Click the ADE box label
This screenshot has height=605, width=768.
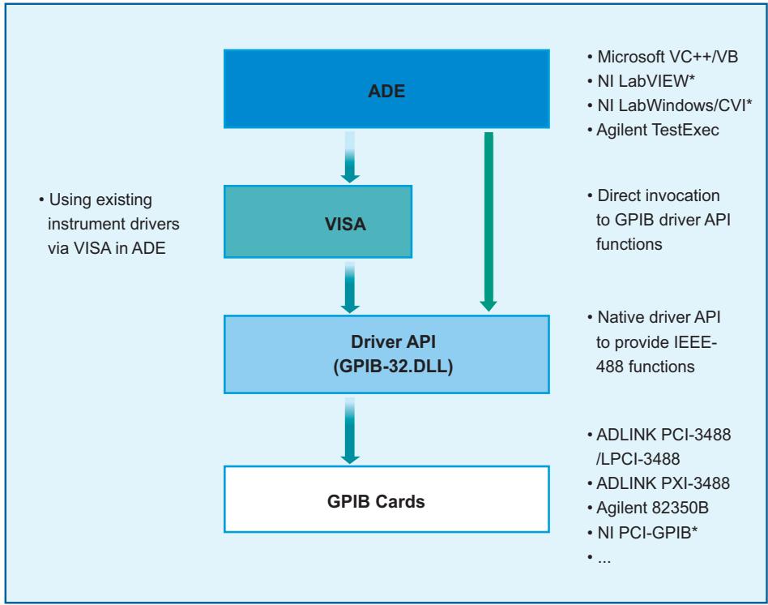click(386, 91)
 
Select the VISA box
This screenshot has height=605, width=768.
click(318, 221)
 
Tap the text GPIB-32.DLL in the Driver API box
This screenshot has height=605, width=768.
click(393, 367)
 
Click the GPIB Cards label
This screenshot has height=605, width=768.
click(376, 501)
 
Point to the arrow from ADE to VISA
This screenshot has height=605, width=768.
click(350, 157)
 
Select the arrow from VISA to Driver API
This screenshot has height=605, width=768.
click(350, 287)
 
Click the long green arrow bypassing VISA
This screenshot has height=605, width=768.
click(489, 221)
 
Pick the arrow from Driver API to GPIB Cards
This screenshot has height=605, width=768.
click(350, 431)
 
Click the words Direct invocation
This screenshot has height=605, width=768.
click(659, 195)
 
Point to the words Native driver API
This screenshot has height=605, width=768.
click(659, 317)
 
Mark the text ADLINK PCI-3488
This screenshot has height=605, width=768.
click(663, 435)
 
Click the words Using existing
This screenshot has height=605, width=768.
click(100, 200)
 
